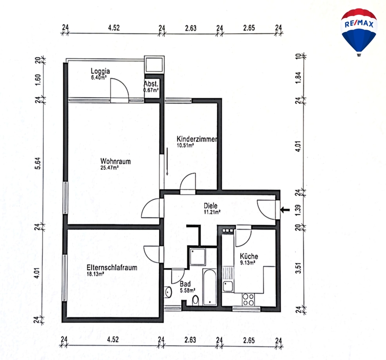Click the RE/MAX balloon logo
click(x=359, y=32)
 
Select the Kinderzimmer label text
click(x=197, y=139)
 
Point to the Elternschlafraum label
click(x=112, y=267)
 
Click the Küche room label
click(x=249, y=256)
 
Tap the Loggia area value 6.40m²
click(x=99, y=77)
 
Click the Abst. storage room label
click(x=151, y=84)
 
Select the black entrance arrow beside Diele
click(x=285, y=210)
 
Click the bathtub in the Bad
click(x=210, y=287)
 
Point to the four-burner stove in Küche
click(x=248, y=300)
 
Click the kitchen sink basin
click(x=228, y=287)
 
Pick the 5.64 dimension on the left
click(x=38, y=163)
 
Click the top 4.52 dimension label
click(x=114, y=27)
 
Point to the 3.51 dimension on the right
click(x=298, y=268)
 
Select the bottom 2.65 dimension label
click(x=249, y=341)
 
